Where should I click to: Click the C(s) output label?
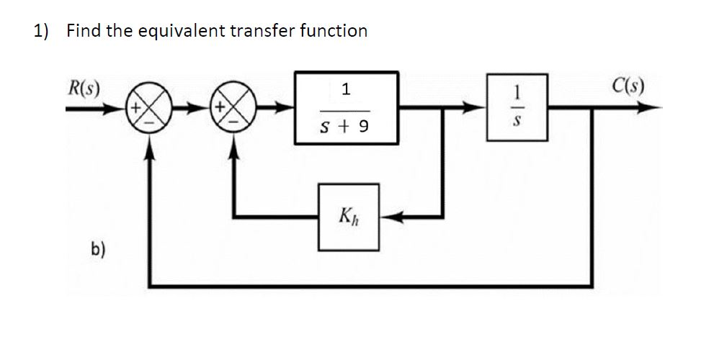click(628, 89)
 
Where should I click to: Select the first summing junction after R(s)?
click(149, 110)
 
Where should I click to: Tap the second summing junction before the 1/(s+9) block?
click(233, 110)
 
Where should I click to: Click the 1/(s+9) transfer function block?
click(346, 108)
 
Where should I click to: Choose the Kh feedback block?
click(349, 216)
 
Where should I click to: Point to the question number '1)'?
click(41, 30)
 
